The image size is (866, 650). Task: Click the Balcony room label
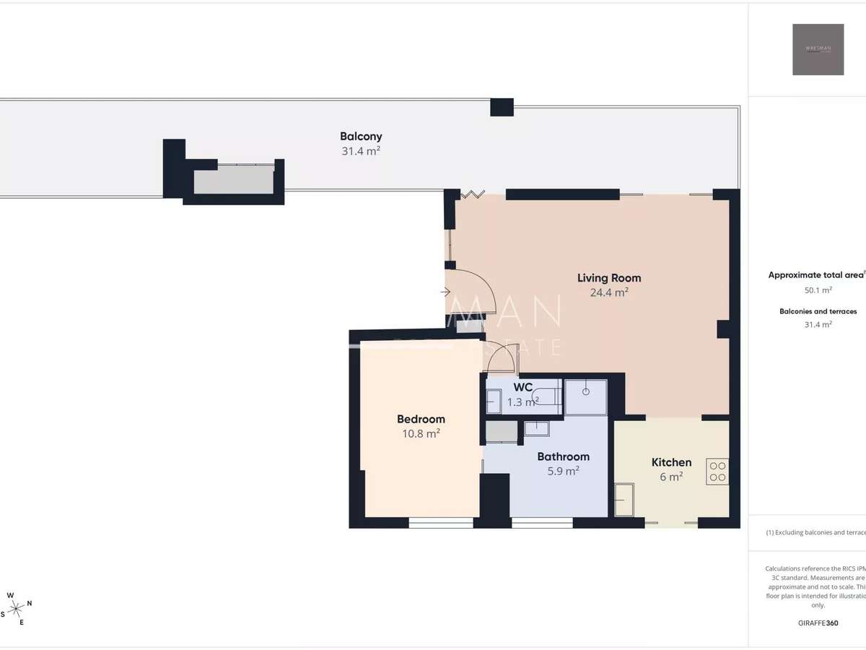coord(361,136)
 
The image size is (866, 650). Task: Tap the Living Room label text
coord(609,277)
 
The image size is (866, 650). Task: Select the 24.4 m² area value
coord(609,292)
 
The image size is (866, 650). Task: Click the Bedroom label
coord(421,419)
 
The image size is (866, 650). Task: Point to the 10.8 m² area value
coord(421,434)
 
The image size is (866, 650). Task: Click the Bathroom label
coord(563,456)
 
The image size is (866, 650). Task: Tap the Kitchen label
coord(671,462)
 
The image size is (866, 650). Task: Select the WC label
coord(523,387)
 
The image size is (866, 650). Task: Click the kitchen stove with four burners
coord(717,472)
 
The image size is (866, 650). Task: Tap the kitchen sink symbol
coord(624,499)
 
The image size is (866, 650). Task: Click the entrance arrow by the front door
coord(445,292)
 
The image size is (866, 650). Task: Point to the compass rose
coord(16,608)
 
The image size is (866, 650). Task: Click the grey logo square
coord(818,49)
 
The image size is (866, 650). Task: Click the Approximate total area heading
coord(815,275)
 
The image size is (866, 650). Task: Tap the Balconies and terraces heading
coord(818,311)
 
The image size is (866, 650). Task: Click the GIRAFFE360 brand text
coord(818,623)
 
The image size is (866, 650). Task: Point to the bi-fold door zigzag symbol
coord(473,194)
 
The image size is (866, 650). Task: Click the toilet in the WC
coord(545,396)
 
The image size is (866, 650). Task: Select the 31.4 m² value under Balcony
coord(361,151)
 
